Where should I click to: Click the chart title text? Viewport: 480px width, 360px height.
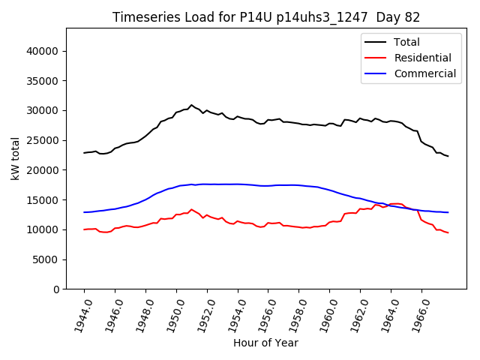pos(266,17)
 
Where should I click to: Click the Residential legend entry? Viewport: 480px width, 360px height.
pos(423,58)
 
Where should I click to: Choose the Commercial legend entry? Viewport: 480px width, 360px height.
pos(425,73)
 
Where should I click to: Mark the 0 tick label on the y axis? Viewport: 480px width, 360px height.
pos(55,289)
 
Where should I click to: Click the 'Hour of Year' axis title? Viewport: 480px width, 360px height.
pos(265,343)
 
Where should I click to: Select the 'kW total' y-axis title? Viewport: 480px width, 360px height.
pos(15,158)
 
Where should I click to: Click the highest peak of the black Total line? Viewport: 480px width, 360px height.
pos(191,105)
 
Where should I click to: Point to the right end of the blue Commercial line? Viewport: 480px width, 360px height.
pos(448,212)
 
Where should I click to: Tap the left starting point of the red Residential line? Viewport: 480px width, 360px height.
pos(84,229)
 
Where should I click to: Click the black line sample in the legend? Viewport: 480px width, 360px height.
pos(375,42)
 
